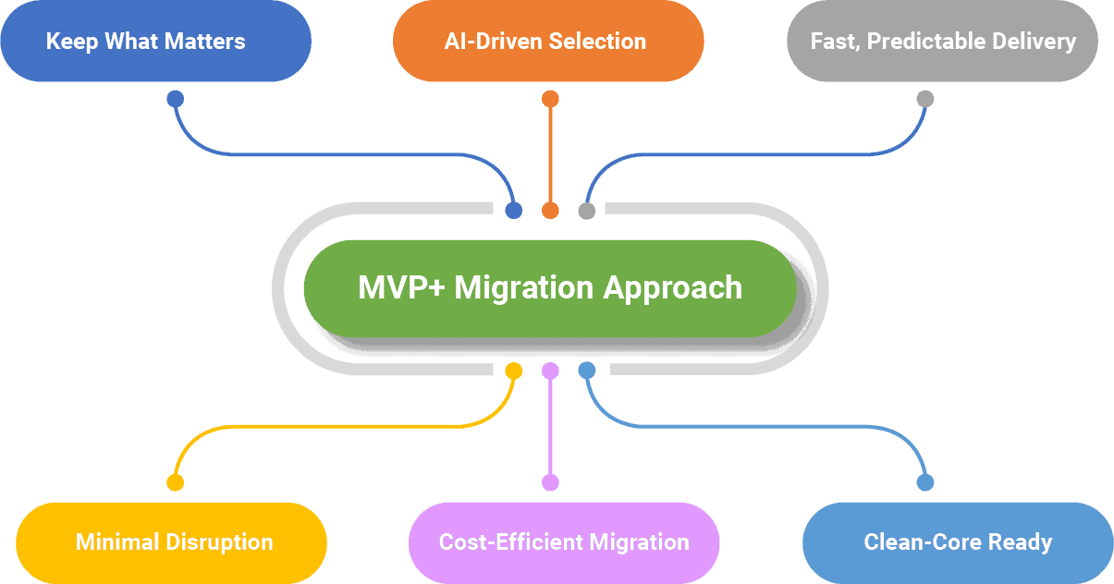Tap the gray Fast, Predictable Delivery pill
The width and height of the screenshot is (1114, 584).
pos(942,42)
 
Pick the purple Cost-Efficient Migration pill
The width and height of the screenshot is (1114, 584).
pos(564,541)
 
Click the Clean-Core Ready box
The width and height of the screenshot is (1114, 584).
pos(957,541)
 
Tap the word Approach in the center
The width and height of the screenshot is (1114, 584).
pos(672,287)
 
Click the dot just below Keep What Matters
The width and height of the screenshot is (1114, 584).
pos(175,99)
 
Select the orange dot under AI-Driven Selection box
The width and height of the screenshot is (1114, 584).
pos(550,99)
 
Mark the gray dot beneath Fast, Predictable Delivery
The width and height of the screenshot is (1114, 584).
pos(925,99)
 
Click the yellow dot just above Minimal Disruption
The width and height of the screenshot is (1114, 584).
pos(175,482)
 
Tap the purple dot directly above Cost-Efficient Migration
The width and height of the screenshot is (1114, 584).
pos(550,482)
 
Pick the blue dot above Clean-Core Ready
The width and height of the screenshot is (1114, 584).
pos(925,482)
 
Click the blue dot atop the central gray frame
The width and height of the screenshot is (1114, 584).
pos(514,211)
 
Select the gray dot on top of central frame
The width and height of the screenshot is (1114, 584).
pos(586,211)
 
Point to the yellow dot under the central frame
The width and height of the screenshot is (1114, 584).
pos(514,371)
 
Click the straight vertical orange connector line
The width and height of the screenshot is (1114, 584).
pos(550,152)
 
